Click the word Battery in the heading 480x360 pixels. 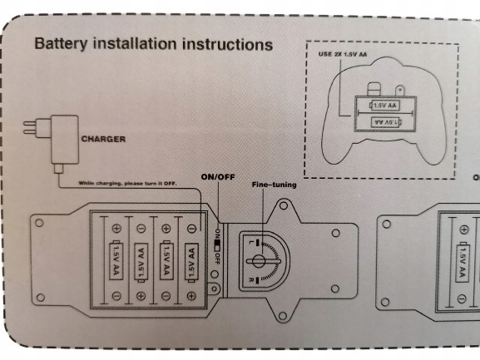tap(61, 44)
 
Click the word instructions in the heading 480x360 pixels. tap(227, 44)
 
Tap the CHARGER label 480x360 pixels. tap(103, 139)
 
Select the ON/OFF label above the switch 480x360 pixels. tap(218, 177)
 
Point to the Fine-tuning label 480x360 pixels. tap(274, 185)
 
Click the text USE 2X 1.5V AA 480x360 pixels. tap(343, 54)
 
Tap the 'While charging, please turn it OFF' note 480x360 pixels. tap(127, 184)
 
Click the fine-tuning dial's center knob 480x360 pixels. tap(259, 261)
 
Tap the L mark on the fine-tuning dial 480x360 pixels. tap(251, 243)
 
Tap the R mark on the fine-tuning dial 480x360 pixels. tap(251, 280)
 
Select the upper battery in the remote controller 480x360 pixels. tap(384, 106)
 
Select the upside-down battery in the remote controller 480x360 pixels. tap(386, 122)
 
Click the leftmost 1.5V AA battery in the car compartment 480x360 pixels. tap(116, 260)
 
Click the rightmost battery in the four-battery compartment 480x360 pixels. tap(191, 262)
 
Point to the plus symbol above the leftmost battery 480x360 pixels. tap(116, 228)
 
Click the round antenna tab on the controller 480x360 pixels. tap(400, 91)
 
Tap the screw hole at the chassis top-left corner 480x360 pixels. tap(39, 222)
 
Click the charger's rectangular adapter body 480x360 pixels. tap(65, 140)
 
